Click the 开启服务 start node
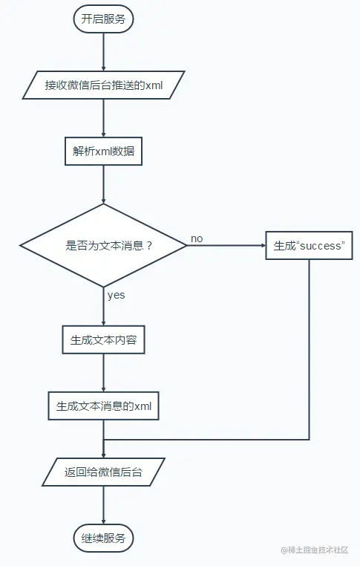tap(103, 19)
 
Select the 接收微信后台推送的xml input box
tap(103, 85)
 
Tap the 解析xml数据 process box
tap(103, 151)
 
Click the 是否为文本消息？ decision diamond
tap(103, 245)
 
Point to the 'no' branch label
tap(197, 238)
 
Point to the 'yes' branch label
tap(116, 295)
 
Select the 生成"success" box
tap(309, 245)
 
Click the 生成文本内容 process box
tap(103, 340)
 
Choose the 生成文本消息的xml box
tap(103, 406)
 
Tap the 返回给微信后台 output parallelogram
tap(103, 471)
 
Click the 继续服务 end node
tap(103, 537)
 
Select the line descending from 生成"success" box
tap(309, 349)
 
